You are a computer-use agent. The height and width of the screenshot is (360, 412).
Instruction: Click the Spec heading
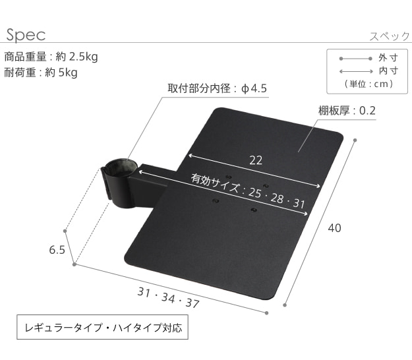(x=26, y=35)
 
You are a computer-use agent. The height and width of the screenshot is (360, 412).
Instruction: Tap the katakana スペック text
(x=390, y=36)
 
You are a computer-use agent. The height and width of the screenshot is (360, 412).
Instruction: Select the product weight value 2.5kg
(x=84, y=57)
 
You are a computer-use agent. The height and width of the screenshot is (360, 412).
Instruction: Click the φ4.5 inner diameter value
(x=254, y=88)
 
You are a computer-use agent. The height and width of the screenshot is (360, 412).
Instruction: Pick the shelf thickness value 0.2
(x=367, y=111)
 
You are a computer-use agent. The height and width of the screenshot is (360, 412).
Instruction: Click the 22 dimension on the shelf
(x=256, y=160)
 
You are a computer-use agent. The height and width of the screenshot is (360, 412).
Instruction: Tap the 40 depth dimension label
(x=334, y=228)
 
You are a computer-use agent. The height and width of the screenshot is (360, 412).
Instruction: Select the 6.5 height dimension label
(x=57, y=250)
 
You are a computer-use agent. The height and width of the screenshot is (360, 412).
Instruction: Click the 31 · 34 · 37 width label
(x=169, y=297)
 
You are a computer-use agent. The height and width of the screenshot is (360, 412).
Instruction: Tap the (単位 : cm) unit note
(x=368, y=84)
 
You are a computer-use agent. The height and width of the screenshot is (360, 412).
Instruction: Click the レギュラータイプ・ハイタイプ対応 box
(x=102, y=327)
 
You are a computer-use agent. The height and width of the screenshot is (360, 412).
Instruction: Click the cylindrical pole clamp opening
(x=121, y=167)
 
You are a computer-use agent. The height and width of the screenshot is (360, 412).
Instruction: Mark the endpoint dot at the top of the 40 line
(x=355, y=140)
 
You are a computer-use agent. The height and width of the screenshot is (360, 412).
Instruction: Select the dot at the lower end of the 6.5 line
(x=74, y=264)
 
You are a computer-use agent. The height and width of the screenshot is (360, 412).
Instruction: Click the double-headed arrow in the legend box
(x=356, y=71)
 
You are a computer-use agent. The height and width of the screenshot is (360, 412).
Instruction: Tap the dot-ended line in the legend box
(x=355, y=59)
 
